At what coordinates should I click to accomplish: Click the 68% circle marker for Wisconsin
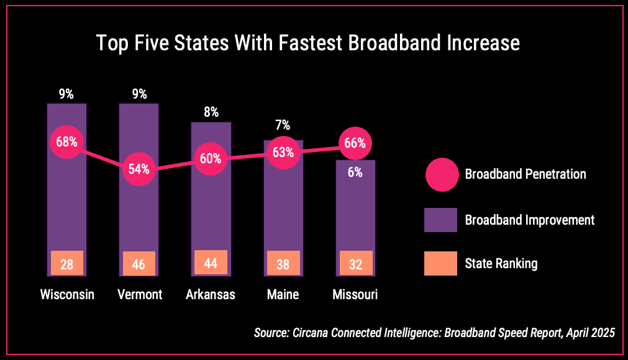[66, 142]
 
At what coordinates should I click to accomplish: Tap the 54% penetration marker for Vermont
[139, 168]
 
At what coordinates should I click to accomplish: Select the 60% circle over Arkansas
[211, 158]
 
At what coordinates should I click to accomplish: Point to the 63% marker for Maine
[283, 152]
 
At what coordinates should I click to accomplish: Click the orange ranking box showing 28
[66, 264]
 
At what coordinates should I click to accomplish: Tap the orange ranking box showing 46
[139, 264]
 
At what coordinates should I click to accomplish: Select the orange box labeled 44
[211, 263]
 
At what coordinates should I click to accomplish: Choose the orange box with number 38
[283, 264]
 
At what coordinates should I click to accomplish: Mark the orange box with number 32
[355, 264]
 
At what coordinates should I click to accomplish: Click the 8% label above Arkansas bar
[211, 112]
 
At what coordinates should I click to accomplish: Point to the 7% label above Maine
[283, 125]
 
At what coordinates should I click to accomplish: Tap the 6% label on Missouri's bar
[355, 173]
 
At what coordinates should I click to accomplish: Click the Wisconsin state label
[67, 294]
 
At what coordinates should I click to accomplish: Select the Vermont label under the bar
[140, 294]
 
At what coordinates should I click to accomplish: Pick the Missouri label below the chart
[355, 294]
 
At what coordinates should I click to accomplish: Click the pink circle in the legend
[441, 174]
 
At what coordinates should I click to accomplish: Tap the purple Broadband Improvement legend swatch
[440, 220]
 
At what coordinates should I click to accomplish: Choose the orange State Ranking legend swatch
[440, 263]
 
